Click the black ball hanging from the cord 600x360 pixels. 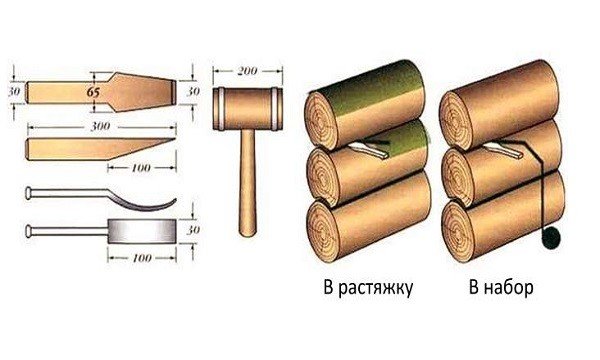click(x=550, y=240)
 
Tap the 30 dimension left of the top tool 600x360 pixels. click(x=12, y=91)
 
